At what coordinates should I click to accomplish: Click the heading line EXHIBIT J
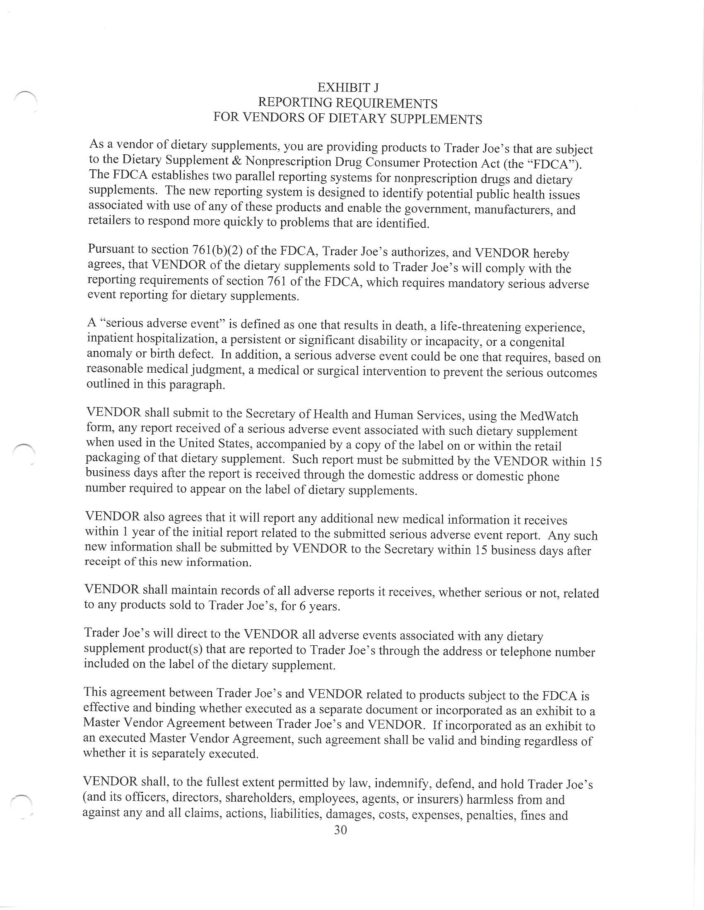pyautogui.click(x=348, y=88)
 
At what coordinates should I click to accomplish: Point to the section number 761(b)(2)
pyautogui.click(x=217, y=250)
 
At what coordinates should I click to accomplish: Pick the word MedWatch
pyautogui.click(x=549, y=416)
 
